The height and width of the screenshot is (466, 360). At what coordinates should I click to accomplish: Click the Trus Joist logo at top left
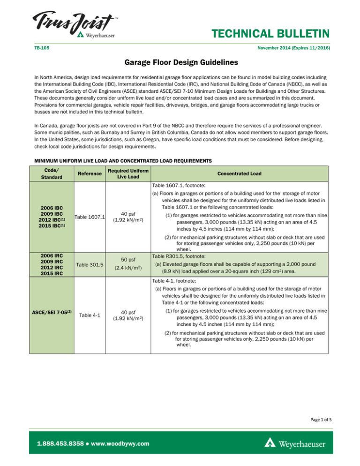tap(75, 23)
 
